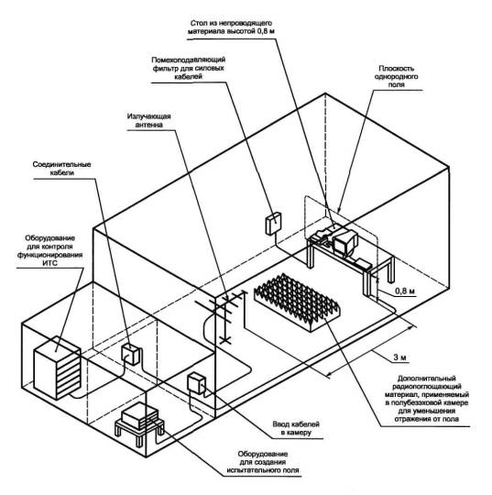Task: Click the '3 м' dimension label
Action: tap(399, 357)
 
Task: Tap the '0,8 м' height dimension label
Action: tap(404, 291)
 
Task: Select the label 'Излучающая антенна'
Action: tap(149, 120)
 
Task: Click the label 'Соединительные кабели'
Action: tap(62, 169)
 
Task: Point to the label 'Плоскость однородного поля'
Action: tap(396, 76)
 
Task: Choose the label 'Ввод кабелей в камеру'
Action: tap(296, 428)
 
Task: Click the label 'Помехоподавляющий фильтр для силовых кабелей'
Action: tap(189, 68)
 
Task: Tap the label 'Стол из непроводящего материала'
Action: tap(230, 27)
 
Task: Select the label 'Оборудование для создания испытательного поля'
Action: tap(263, 462)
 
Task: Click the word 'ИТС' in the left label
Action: tap(50, 263)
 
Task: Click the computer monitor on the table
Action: tap(344, 243)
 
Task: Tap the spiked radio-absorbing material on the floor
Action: tap(297, 302)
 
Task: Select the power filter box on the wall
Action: tap(273, 224)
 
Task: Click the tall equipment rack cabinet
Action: tap(57, 368)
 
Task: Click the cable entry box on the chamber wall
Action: tap(196, 383)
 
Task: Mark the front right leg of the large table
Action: tap(366, 281)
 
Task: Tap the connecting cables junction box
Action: tap(130, 354)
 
